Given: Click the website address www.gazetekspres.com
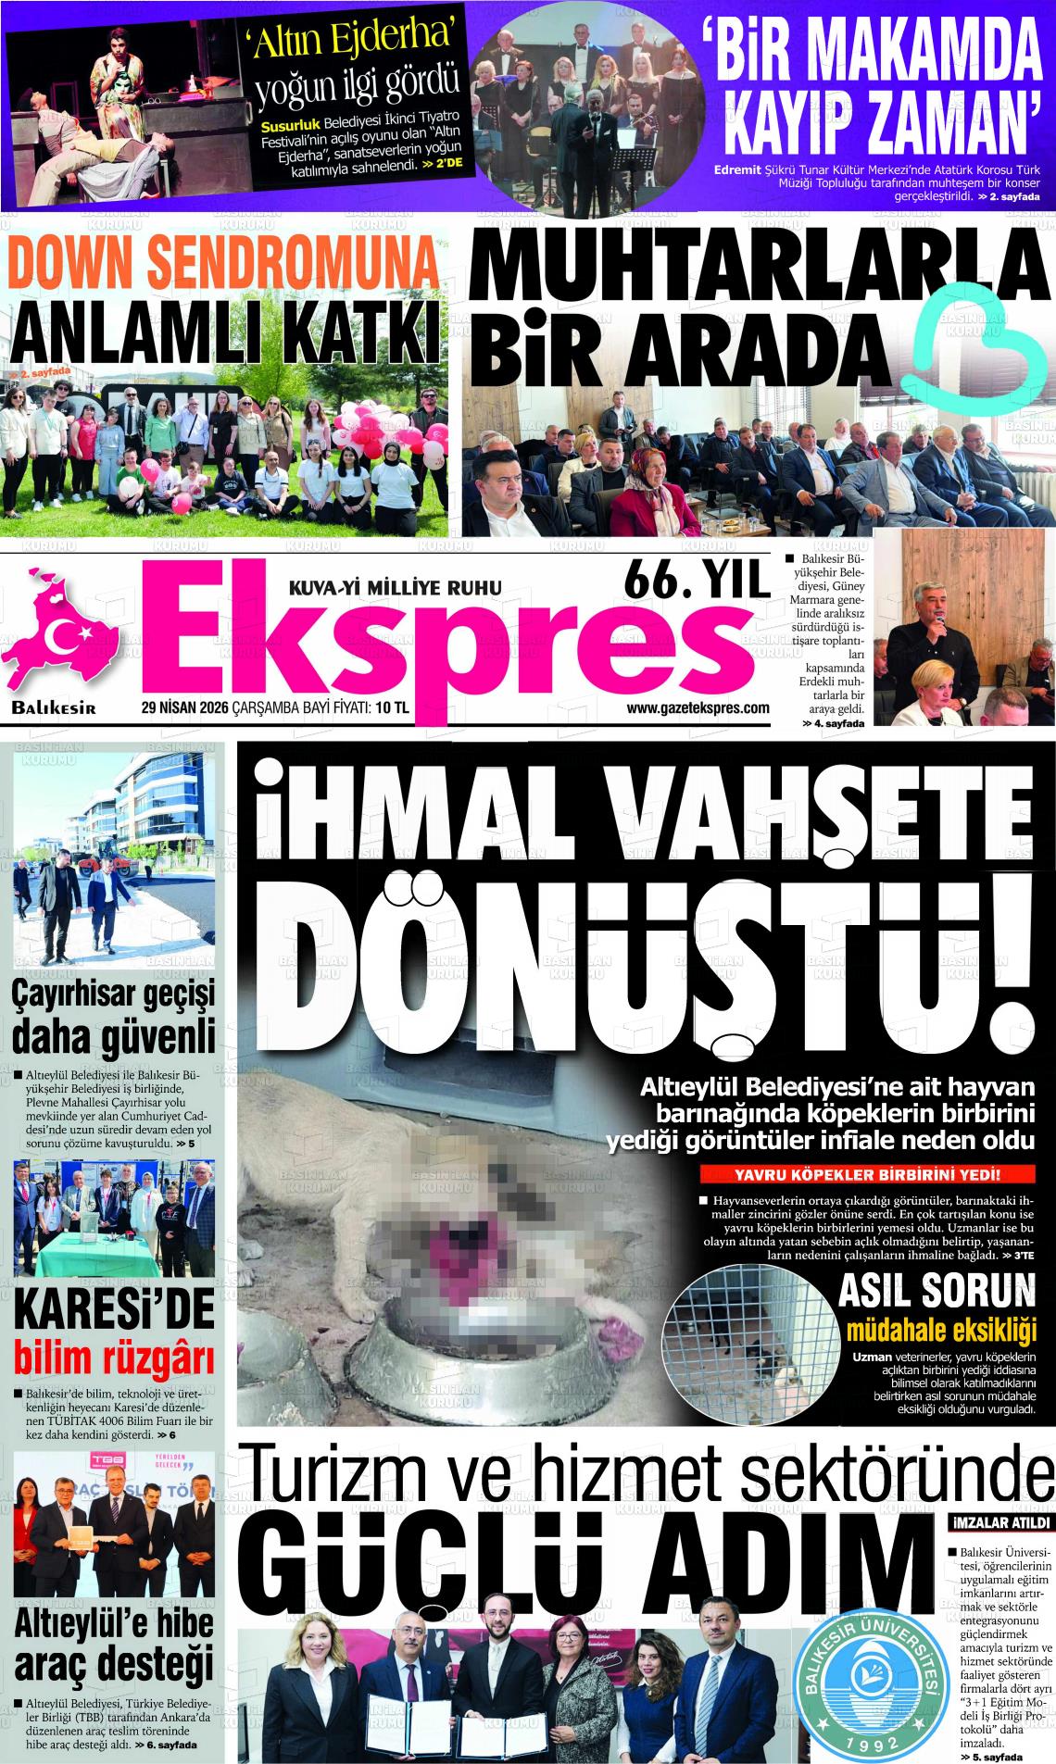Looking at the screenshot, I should coord(698,707).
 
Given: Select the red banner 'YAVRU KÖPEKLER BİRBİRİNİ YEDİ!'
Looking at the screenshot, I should coord(866,1176).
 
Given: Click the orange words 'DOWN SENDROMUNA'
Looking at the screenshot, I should coord(222,265).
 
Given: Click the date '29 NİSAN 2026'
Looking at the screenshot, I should coord(184,708).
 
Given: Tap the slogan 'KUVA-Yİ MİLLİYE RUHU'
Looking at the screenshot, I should coord(396,586).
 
